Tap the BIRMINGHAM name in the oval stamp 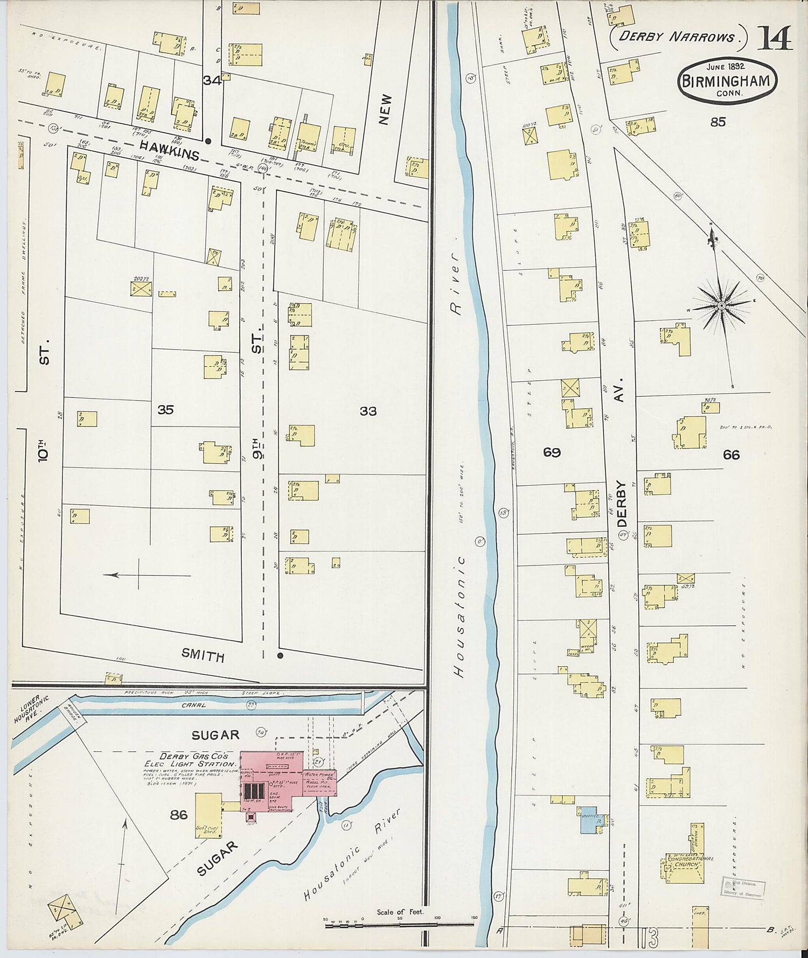point(728,82)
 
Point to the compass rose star point(721,305)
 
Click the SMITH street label point(203,655)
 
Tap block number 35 point(165,410)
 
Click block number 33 point(368,411)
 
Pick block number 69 point(552,452)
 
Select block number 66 point(731,455)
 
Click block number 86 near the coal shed point(178,815)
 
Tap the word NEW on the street point(385,110)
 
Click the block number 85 point(718,122)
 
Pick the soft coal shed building point(207,815)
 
